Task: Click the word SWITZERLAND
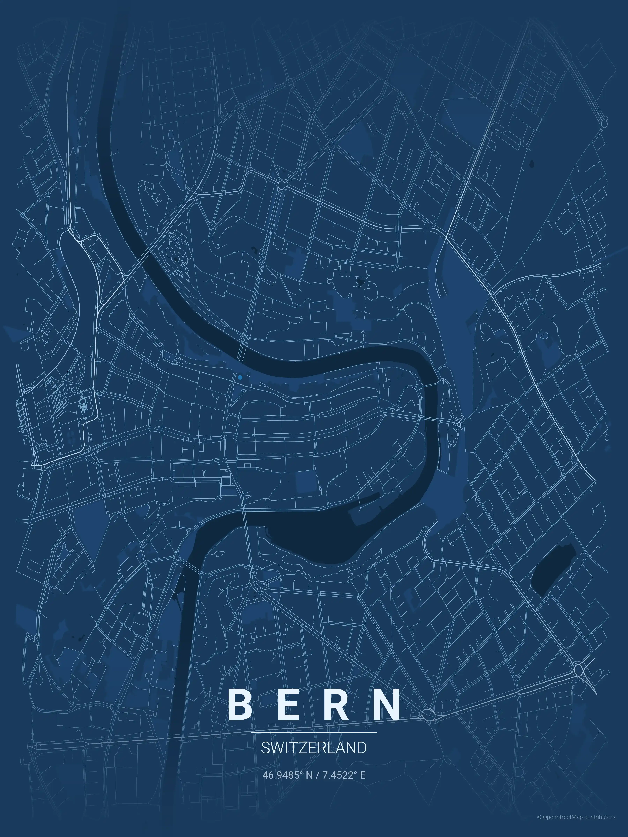click(314, 748)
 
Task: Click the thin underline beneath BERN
click(314, 732)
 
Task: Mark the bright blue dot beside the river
click(240, 377)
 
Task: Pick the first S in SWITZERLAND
click(265, 748)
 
